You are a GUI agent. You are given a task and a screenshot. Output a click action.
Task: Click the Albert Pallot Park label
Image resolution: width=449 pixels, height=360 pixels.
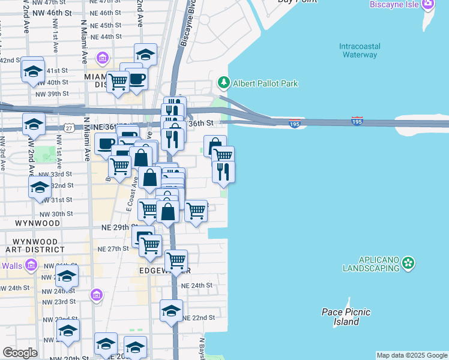coord(265,83)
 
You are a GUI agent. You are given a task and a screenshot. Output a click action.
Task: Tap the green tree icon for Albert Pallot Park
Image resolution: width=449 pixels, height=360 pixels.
coord(224,82)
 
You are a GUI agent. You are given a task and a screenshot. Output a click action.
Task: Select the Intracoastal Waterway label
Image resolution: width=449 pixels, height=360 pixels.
coord(358,50)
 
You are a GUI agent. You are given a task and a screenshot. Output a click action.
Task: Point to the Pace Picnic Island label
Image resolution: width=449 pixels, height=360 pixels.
coord(346,317)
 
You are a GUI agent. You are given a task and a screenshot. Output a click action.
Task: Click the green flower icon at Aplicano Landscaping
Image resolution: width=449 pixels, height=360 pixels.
coord(408,263)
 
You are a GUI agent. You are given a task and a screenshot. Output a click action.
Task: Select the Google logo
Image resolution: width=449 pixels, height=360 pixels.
coord(20,353)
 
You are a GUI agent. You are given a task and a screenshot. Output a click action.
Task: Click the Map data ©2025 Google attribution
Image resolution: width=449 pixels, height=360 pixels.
coord(412,355)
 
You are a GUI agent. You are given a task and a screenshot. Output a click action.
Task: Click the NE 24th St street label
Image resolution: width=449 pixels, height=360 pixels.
coord(198,286)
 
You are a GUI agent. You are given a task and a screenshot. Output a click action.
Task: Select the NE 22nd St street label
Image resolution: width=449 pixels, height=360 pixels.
coord(198,317)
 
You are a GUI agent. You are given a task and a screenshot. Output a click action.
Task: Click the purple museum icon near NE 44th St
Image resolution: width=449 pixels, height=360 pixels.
coord(103,58)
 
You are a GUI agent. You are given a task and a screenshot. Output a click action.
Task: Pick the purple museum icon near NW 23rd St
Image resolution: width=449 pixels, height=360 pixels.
coord(96,295)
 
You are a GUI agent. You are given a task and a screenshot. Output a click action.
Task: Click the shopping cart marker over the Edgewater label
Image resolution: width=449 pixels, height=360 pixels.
coord(176,261)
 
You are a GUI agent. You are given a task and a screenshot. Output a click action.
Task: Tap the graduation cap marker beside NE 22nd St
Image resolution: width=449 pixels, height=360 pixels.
coord(171,311)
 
